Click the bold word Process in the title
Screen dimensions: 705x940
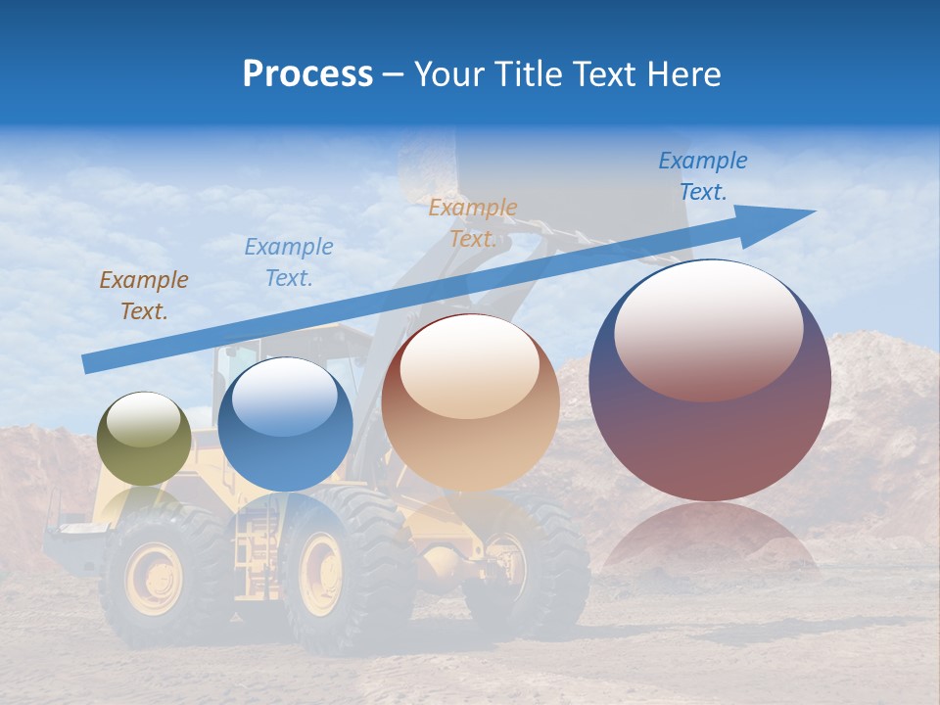(307, 73)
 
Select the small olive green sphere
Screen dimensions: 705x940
(145, 439)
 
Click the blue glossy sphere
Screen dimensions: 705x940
(285, 424)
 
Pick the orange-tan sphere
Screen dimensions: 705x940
(470, 402)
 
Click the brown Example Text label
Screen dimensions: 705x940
(144, 296)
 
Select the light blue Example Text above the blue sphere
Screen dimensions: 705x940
(289, 262)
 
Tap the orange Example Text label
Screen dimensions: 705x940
(473, 223)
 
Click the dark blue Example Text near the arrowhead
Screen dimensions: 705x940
(703, 176)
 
